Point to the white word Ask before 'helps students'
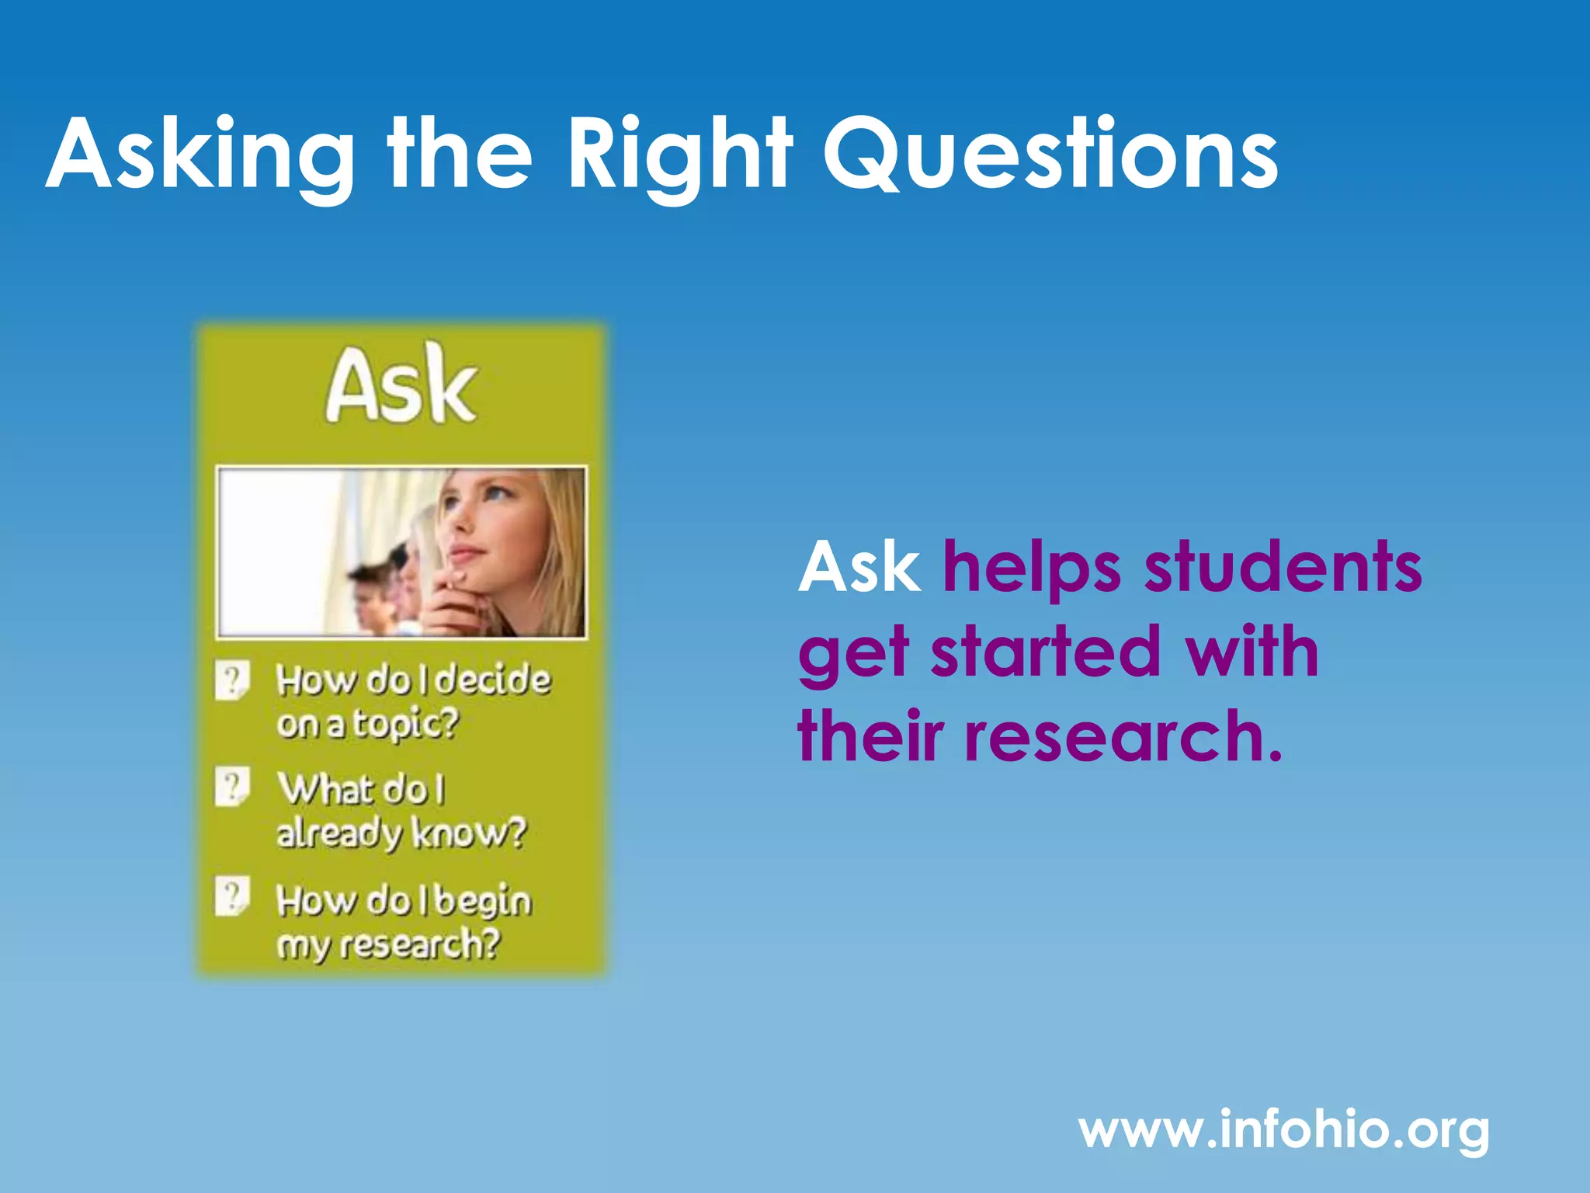(859, 568)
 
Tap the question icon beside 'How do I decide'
(232, 680)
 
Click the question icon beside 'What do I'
(232, 787)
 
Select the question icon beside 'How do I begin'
(232, 897)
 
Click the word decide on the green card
(492, 680)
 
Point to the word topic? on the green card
(406, 724)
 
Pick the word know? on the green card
(469, 833)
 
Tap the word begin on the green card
(483, 902)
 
